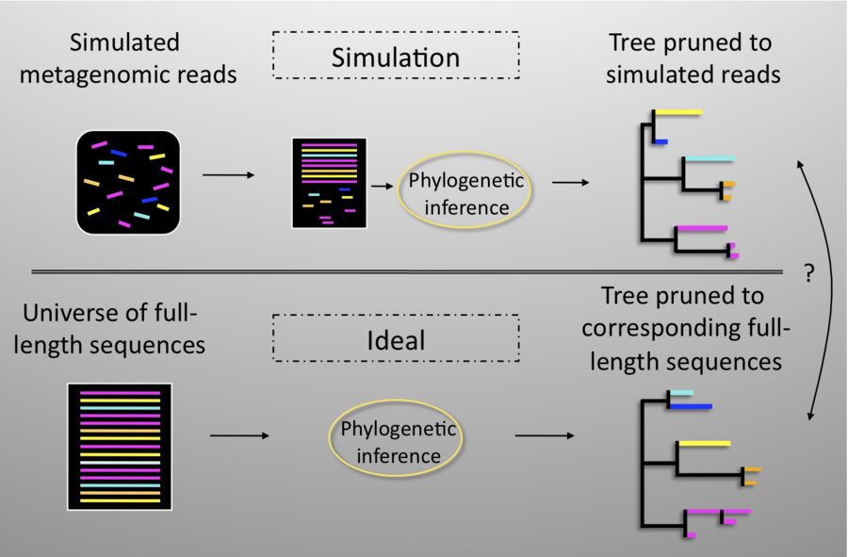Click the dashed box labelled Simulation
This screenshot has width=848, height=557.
click(x=396, y=57)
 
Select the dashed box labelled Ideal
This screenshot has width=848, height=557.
click(x=396, y=338)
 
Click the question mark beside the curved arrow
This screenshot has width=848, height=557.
click(x=808, y=274)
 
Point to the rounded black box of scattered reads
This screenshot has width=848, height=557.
click(x=128, y=182)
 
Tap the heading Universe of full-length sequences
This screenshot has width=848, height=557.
click(x=113, y=328)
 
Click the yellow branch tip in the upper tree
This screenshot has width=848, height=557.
click(x=678, y=113)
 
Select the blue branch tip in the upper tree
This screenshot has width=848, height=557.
click(x=660, y=142)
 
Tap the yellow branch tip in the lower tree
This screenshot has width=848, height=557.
click(x=704, y=442)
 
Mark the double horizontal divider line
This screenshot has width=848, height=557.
click(x=405, y=271)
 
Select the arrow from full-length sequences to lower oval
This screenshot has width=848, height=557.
click(x=239, y=435)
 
